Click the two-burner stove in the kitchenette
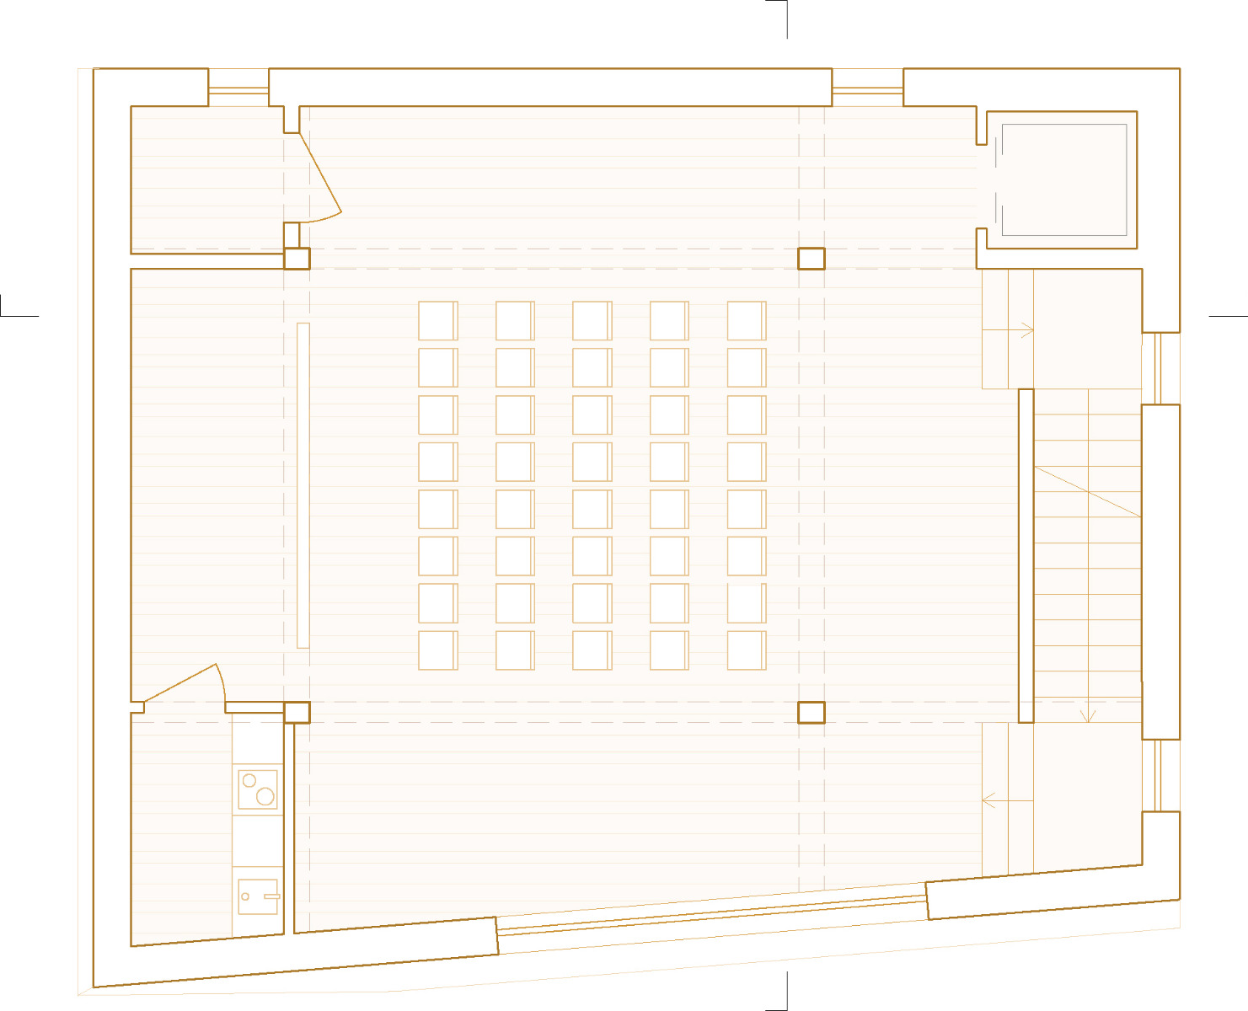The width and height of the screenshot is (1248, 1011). [258, 789]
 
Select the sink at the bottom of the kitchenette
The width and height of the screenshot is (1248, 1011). [258, 896]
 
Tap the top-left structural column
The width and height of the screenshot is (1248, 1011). [297, 258]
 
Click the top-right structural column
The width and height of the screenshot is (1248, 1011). [811, 258]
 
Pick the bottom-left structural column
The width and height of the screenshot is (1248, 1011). [297, 712]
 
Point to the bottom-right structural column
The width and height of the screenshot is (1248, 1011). [811, 712]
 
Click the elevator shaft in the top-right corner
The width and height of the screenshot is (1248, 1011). [1063, 179]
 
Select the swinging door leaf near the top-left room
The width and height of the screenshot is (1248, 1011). [320, 173]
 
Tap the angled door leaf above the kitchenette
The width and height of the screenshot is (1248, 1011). [182, 682]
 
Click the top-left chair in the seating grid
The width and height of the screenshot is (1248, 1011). [437, 321]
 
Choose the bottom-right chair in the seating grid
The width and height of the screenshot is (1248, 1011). [747, 650]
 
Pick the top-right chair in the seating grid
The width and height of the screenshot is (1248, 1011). [747, 321]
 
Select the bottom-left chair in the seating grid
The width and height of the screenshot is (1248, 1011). [437, 650]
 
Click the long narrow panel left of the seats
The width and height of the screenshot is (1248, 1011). [303, 485]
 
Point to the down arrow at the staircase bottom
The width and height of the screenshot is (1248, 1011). [1089, 714]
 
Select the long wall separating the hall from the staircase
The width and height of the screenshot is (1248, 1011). [1026, 555]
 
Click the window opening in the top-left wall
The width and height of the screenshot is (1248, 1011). [238, 87]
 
